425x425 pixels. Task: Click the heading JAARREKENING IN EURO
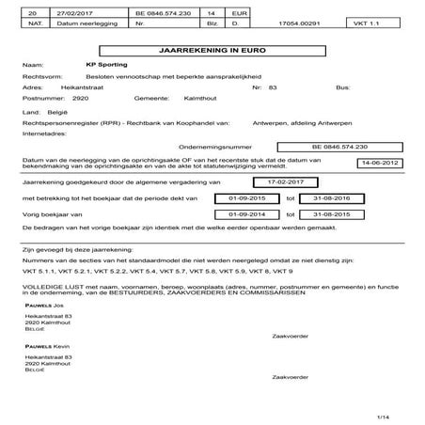[x=212, y=48]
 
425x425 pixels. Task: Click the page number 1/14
[x=383, y=415]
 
